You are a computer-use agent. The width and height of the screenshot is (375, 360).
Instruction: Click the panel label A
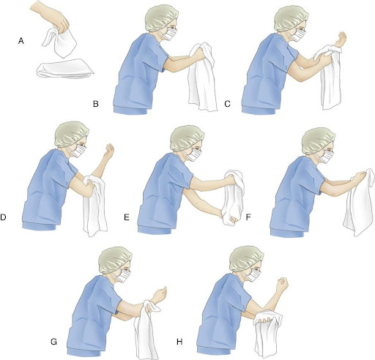pyautogui.click(x=21, y=41)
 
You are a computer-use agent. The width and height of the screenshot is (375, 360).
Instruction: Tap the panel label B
pyautogui.click(x=96, y=104)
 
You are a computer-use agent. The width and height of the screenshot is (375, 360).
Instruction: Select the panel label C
pyautogui.click(x=227, y=104)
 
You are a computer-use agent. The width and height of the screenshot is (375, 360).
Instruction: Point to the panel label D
pyautogui.click(x=3, y=217)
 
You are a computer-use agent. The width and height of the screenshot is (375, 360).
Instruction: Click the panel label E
pyautogui.click(x=127, y=217)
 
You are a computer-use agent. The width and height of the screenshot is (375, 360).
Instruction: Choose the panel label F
pyautogui.click(x=248, y=217)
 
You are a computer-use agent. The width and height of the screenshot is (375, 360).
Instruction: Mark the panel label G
pyautogui.click(x=53, y=342)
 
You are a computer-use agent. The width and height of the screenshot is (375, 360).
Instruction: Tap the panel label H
pyautogui.click(x=179, y=342)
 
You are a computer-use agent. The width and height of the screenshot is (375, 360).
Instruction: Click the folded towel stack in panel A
pyautogui.click(x=65, y=69)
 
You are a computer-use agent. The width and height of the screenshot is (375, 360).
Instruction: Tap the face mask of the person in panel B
pyautogui.click(x=169, y=34)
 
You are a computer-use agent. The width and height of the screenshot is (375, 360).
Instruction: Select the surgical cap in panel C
pyautogui.click(x=291, y=18)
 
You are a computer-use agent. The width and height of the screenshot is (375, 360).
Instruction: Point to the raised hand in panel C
pyautogui.click(x=341, y=39)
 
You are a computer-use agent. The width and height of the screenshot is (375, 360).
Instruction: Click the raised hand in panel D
pyautogui.click(x=109, y=150)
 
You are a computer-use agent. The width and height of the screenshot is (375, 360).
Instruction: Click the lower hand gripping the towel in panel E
pyautogui.click(x=229, y=218)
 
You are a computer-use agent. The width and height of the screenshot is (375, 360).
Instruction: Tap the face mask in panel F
pyautogui.click(x=326, y=157)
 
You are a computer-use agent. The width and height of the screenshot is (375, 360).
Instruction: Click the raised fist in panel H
pyautogui.click(x=283, y=284)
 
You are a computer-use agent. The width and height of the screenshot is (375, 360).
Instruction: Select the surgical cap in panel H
pyautogui.click(x=246, y=258)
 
